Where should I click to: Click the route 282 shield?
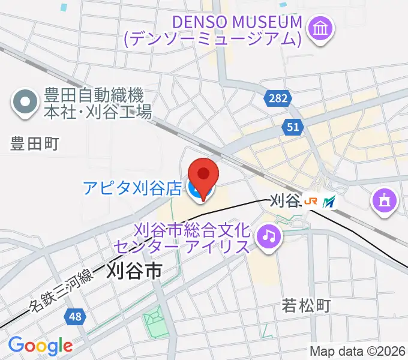point(278,97)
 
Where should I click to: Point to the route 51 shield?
point(293,126)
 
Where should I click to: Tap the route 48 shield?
point(76,316)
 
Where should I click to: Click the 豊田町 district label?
point(35,143)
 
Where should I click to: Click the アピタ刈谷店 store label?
point(133,189)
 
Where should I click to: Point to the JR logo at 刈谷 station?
point(311,202)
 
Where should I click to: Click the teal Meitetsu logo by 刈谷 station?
point(329,202)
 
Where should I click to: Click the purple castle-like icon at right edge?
point(384,201)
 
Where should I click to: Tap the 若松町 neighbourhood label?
point(307,306)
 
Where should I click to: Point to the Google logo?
point(40,346)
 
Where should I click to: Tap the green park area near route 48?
point(155,324)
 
